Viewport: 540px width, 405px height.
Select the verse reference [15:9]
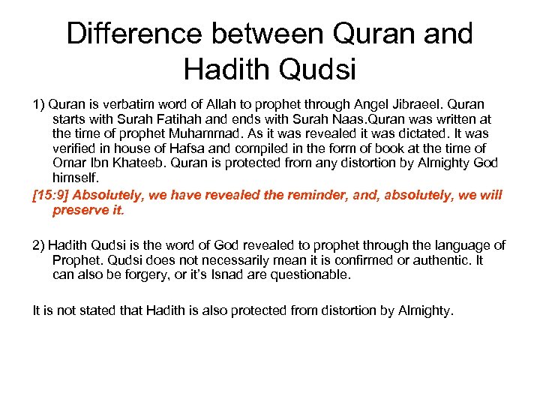click(50, 196)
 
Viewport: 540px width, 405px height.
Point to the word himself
click(75, 177)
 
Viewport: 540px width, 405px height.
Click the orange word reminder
click(295, 196)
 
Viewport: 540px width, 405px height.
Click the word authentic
click(442, 260)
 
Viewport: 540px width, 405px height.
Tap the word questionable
click(313, 274)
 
